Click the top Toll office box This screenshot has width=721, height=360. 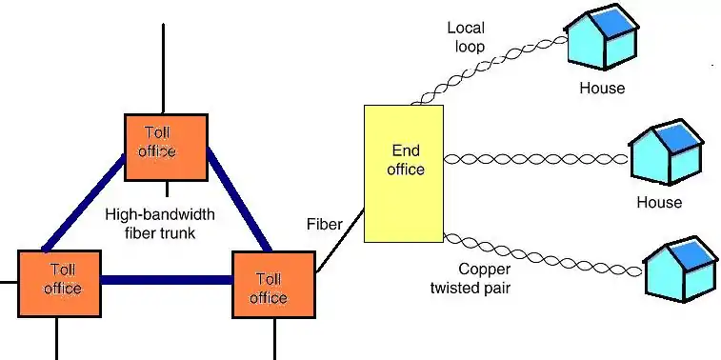[x=166, y=147]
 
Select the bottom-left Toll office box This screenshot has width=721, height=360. [x=59, y=284]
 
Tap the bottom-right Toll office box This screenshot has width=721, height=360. [x=273, y=285]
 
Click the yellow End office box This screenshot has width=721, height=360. [x=404, y=173]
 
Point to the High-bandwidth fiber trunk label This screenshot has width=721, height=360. [x=160, y=224]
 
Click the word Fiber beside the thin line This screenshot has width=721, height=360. [x=325, y=224]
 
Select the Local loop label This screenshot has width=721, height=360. [x=467, y=37]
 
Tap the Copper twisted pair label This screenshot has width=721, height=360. [x=471, y=279]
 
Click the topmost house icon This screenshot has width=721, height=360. [x=601, y=37]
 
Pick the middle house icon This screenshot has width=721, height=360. [x=667, y=152]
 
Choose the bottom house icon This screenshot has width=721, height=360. [x=681, y=269]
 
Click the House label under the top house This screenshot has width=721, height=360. [x=602, y=88]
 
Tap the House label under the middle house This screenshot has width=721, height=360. [x=659, y=202]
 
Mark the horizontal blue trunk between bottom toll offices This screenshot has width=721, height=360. [x=167, y=280]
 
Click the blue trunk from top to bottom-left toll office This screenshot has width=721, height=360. [x=84, y=204]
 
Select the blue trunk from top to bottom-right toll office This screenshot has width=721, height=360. [x=239, y=199]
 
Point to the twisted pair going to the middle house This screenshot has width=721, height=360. [x=536, y=160]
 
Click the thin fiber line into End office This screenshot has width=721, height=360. [x=340, y=241]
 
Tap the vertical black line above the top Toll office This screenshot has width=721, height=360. [x=163, y=69]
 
